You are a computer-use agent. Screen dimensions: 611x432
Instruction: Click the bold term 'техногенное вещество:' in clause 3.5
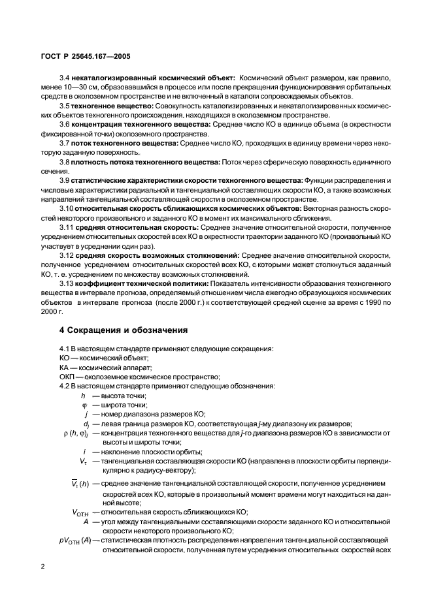pos(113,105)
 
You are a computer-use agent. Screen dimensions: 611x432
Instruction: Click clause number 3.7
pos(65,142)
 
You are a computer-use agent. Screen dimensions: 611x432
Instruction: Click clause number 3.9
pos(65,180)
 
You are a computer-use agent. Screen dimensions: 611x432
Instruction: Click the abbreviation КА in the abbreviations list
pos(64,368)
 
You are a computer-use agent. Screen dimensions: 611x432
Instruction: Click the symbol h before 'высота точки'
pos(83,396)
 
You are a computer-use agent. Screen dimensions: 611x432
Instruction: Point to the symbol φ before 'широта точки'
pos(83,405)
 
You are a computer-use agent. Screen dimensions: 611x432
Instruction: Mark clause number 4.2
pos(65,386)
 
